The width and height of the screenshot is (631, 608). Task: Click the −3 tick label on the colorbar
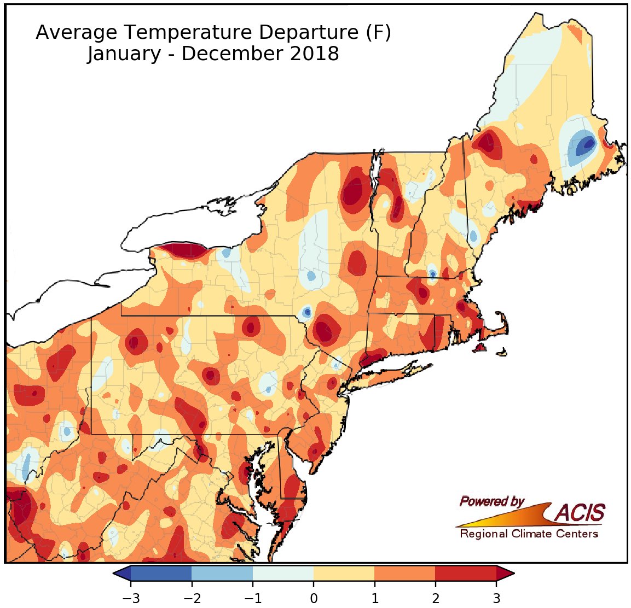pyautogui.click(x=131, y=598)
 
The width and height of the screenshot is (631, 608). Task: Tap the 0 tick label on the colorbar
pyautogui.click(x=314, y=598)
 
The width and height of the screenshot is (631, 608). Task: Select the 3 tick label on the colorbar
pyautogui.click(x=496, y=598)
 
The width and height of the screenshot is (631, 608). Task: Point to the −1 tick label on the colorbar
pyautogui.click(x=253, y=598)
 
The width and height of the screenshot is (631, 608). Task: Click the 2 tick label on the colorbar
pyautogui.click(x=436, y=598)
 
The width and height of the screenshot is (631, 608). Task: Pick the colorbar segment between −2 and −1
pyautogui.click(x=222, y=574)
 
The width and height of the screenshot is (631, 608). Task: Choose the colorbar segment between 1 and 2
pyautogui.click(x=405, y=574)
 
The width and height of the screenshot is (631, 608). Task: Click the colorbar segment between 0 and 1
pyautogui.click(x=344, y=574)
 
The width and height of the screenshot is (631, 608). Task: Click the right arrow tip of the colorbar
pyautogui.click(x=511, y=574)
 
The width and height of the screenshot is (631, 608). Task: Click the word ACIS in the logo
pyautogui.click(x=580, y=513)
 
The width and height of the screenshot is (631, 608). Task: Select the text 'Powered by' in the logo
pyautogui.click(x=492, y=501)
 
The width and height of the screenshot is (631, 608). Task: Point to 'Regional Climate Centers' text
pyautogui.click(x=529, y=534)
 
